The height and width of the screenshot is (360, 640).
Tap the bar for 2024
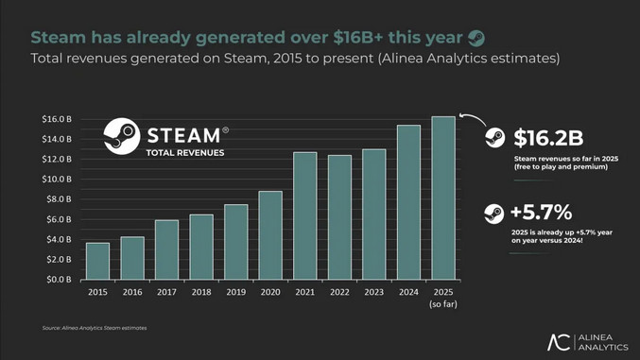pos(408,202)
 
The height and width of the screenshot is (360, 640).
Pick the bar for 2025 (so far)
pos(442,197)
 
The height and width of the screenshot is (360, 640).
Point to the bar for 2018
pos(201,247)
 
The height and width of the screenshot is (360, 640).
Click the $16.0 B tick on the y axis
pos(57,119)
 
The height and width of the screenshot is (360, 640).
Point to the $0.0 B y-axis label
pos(59,280)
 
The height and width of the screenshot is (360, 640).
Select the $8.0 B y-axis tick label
pos(59,199)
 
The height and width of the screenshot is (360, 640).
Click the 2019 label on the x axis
pos(235,294)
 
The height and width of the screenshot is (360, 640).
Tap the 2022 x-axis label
pos(339,294)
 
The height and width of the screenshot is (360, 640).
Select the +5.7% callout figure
pos(542,213)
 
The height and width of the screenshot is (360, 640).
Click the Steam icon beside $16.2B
pos(494,138)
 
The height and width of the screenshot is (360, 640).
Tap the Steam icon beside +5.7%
pos(493,214)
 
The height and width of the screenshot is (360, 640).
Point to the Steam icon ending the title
pos(477,38)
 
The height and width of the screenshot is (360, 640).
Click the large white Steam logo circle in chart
pos(122,137)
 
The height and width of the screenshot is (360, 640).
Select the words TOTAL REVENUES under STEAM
pos(185,152)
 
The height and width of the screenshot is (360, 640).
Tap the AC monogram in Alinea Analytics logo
pos(560,342)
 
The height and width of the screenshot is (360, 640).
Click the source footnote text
pos(95,328)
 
